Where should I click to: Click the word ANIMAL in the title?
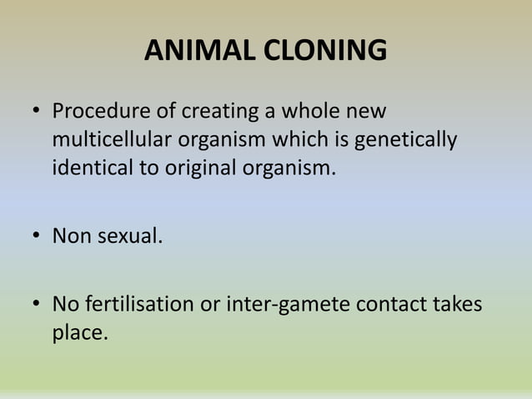(x=200, y=51)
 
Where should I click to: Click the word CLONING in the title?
(x=325, y=51)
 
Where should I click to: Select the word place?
(x=79, y=333)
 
